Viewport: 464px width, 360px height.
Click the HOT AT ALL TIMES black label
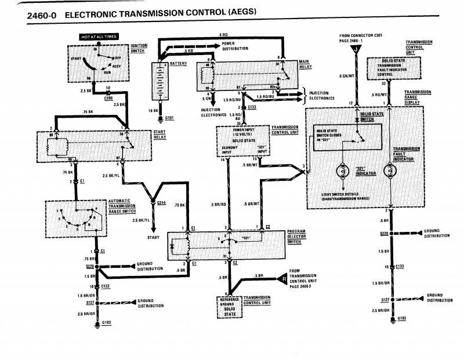99,37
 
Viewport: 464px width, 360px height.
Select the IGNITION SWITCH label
139,48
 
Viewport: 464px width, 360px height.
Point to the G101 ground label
169,118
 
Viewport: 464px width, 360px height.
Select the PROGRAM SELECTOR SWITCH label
296,237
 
